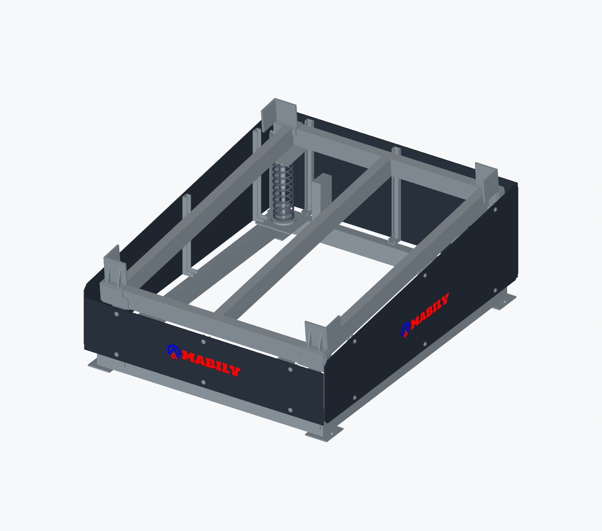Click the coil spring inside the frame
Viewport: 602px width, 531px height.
coord(283,191)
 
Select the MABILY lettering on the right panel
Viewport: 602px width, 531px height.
coord(430,309)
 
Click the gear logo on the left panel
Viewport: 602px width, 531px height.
coord(174,351)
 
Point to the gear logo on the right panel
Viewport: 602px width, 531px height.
coord(406,329)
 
